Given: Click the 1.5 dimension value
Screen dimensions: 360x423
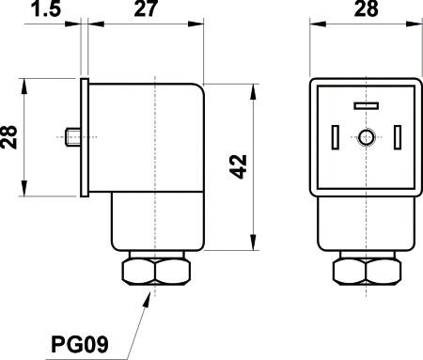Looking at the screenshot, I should pyautogui.click(x=44, y=11).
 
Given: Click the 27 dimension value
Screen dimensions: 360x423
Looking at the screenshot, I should pyautogui.click(x=145, y=10).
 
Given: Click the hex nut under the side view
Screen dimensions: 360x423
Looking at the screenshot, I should pyautogui.click(x=155, y=273).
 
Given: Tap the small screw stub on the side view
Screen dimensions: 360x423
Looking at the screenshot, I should pyautogui.click(x=73, y=139).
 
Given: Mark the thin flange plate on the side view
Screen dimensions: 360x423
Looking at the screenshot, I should pyautogui.click(x=86, y=139).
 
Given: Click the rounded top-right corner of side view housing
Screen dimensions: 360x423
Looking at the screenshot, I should pyautogui.click(x=196, y=89).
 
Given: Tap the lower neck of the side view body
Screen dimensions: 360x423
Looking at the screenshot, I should pyautogui.click(x=155, y=221).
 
